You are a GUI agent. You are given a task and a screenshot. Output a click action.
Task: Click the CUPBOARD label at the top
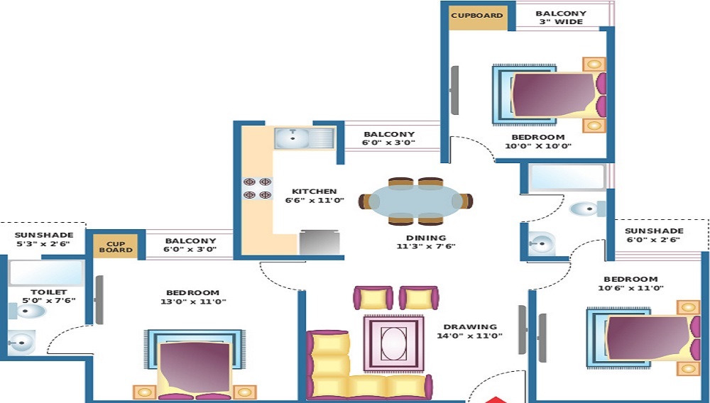coord(477,16)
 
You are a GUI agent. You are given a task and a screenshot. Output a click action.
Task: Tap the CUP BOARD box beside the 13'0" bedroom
coord(116,245)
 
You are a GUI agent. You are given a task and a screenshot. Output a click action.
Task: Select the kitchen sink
coord(304,138)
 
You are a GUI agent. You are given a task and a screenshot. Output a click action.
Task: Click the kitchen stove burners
coord(258,188)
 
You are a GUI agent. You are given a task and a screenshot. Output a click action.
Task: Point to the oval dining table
coord(416,200)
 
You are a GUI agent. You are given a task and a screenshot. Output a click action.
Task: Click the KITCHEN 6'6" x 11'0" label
coord(315,196)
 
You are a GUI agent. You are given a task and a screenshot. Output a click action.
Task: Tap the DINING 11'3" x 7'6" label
coord(426,242)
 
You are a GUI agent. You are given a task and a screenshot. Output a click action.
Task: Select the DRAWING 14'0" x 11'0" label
coord(469,331)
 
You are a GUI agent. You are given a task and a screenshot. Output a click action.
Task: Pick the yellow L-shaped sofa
coord(341,369)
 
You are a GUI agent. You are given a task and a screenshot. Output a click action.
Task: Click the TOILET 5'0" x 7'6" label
coord(48,296)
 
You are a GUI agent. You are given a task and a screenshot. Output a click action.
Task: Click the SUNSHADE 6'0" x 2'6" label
coord(654,236)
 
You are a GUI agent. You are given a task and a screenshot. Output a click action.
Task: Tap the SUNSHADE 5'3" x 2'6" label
coord(43,240)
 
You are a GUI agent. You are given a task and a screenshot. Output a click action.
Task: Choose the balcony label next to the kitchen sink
coord(389,138)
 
